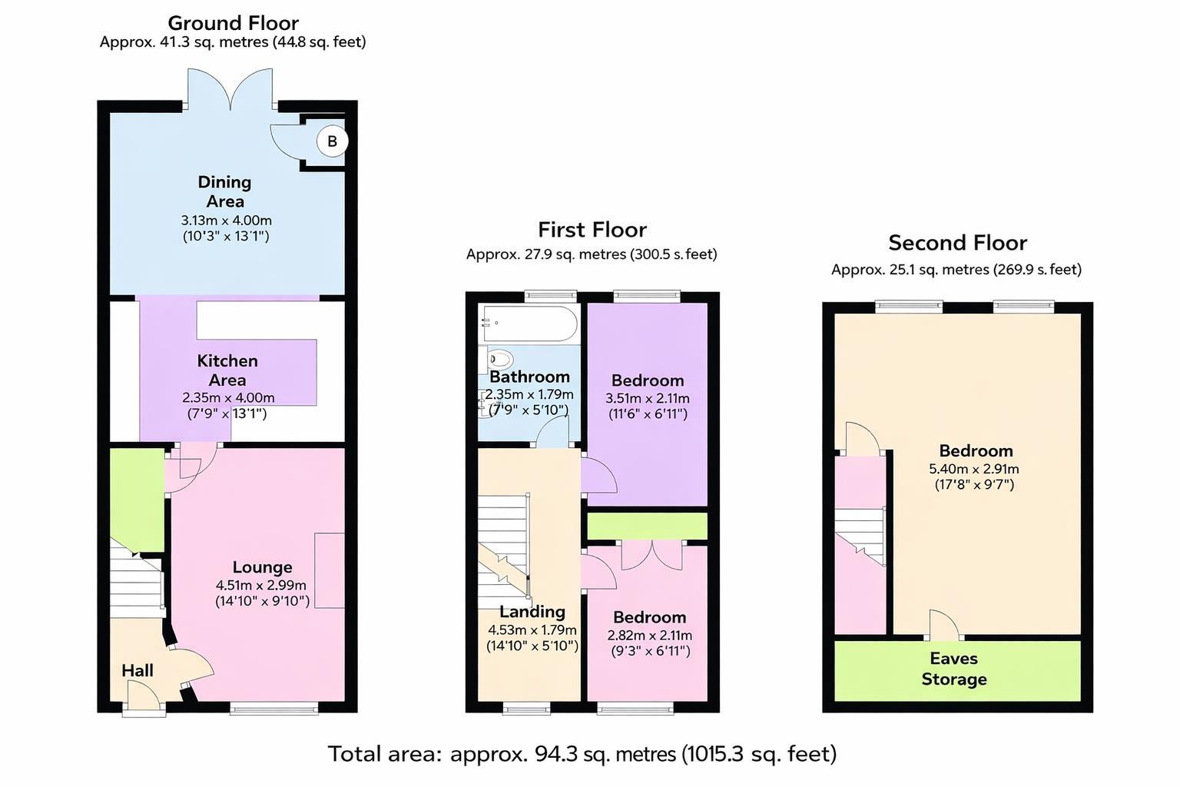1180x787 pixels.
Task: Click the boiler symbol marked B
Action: click(332, 141)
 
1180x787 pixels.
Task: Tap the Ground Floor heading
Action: click(233, 23)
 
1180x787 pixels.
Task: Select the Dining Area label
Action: click(224, 191)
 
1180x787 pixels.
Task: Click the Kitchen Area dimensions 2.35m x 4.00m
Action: click(228, 398)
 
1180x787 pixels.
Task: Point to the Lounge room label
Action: click(262, 567)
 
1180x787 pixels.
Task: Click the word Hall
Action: click(138, 670)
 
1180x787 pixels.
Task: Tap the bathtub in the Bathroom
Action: click(529, 324)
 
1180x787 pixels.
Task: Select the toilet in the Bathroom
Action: click(499, 360)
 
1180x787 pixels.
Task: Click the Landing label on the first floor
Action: click(532, 612)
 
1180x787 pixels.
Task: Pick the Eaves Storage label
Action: click(953, 669)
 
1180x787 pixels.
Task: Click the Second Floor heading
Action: click(957, 243)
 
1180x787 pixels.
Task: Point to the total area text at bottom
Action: click(582, 754)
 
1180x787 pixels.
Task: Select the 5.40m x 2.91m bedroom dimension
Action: click(974, 469)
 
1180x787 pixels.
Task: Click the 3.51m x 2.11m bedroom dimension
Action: click(647, 399)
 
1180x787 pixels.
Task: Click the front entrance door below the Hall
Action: click(144, 699)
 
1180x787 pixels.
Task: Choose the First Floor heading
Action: click(592, 230)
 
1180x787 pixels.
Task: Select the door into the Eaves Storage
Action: click(943, 626)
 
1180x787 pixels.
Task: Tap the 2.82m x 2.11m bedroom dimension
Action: click(649, 636)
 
